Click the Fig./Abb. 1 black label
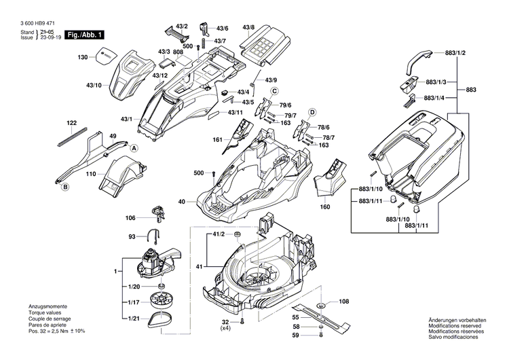point(84,35)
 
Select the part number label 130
point(83,58)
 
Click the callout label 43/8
point(249,28)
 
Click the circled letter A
point(134,148)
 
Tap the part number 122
point(72,123)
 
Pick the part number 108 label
point(344,301)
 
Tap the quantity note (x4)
point(225,328)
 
